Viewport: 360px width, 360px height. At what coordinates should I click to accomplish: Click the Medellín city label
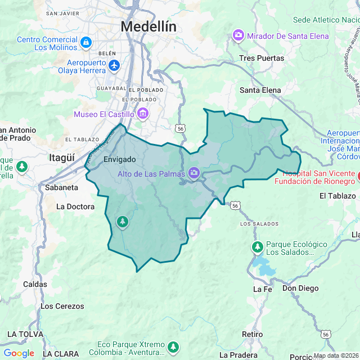click(x=148, y=26)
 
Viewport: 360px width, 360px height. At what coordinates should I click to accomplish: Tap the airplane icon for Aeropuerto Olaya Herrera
click(x=115, y=66)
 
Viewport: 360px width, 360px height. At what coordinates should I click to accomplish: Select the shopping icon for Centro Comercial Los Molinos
click(x=85, y=42)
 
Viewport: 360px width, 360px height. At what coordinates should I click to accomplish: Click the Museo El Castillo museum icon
click(x=143, y=115)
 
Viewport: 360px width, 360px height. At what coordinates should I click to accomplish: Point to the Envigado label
click(x=120, y=160)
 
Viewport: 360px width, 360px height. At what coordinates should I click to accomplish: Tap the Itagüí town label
click(x=62, y=157)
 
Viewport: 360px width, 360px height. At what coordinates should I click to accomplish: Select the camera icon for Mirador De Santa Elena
click(x=238, y=36)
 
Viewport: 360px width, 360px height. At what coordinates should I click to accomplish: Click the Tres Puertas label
click(x=262, y=58)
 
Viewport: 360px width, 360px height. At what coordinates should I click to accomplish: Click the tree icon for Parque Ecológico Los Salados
click(x=258, y=247)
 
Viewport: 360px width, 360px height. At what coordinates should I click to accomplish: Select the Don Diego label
click(x=300, y=289)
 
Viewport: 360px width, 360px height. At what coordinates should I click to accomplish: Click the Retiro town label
click(x=252, y=334)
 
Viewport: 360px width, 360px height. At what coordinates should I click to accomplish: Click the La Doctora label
click(x=75, y=206)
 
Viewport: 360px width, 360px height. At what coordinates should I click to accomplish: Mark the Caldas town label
click(x=35, y=284)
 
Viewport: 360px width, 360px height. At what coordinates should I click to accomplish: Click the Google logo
click(x=19, y=353)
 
